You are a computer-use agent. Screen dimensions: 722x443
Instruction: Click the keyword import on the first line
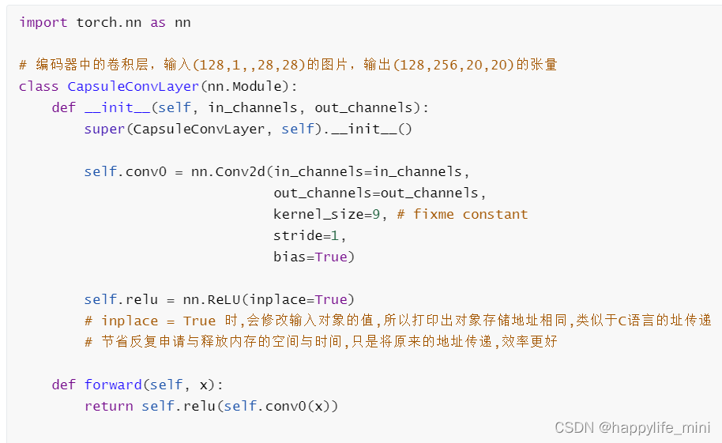click(43, 23)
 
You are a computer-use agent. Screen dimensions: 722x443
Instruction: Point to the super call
click(104, 130)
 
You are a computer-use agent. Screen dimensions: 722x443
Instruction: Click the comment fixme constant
click(462, 215)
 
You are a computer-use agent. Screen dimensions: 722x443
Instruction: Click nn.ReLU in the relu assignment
click(212, 300)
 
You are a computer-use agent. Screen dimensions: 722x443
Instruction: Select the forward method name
click(113, 385)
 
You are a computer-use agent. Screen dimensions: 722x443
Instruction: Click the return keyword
click(108, 407)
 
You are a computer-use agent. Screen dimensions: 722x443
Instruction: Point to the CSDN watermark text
click(573, 428)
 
